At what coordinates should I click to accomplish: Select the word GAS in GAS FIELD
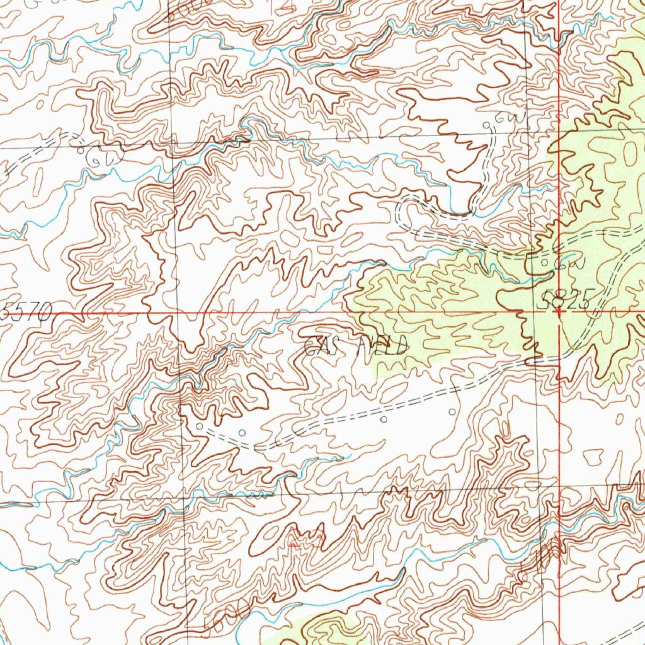tap(325, 346)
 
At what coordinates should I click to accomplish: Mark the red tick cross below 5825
tap(559, 311)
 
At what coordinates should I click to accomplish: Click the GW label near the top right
tap(504, 118)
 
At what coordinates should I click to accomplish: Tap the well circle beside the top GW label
tap(486, 125)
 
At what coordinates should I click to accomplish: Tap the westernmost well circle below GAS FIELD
tap(200, 427)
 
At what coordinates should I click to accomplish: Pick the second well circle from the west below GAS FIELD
tap(243, 432)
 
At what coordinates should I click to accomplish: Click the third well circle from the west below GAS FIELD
tap(384, 419)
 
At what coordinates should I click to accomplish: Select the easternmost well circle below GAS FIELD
tap(452, 411)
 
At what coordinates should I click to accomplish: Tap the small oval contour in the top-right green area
tap(630, 151)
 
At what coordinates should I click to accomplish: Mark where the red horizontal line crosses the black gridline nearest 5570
tap(177, 311)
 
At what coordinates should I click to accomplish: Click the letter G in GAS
tap(311, 346)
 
